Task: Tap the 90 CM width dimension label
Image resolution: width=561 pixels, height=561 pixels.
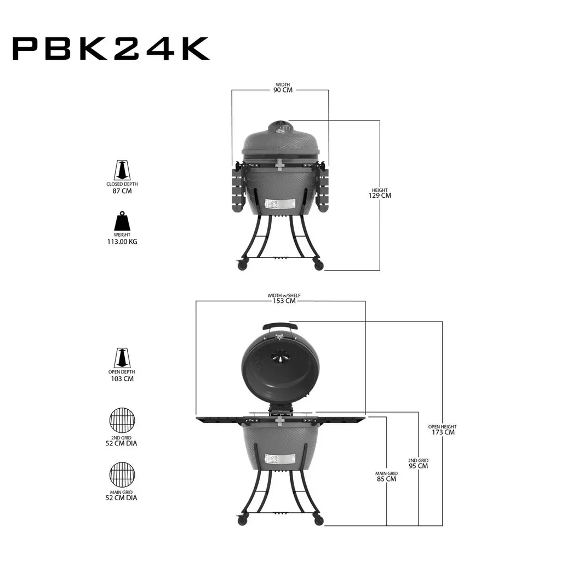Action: click(x=283, y=89)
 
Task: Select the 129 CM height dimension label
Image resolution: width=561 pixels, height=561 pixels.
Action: click(x=380, y=195)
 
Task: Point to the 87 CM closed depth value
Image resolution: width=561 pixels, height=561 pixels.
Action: click(x=122, y=191)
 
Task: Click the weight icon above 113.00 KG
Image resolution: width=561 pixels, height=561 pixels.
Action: click(x=122, y=221)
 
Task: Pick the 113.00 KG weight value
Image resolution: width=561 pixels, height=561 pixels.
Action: click(x=122, y=241)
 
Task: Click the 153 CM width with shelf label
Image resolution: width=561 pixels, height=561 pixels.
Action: click(x=284, y=300)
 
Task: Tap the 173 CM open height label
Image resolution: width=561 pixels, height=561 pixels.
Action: click(x=442, y=432)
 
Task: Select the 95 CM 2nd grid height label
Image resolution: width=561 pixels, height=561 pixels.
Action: click(x=419, y=466)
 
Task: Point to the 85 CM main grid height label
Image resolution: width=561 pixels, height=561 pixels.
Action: click(x=387, y=478)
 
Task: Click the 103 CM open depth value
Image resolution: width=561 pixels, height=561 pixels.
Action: click(x=122, y=379)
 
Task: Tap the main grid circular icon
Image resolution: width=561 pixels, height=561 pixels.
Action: click(x=122, y=474)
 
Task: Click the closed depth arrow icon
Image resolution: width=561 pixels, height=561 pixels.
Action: click(x=122, y=170)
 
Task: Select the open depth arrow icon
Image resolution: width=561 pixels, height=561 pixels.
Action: click(x=122, y=358)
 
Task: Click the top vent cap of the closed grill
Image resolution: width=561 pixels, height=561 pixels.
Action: click(x=280, y=128)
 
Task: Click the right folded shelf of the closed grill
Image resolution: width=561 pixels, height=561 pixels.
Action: click(x=323, y=189)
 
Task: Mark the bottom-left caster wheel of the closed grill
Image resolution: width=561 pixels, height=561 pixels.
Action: click(x=242, y=265)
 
